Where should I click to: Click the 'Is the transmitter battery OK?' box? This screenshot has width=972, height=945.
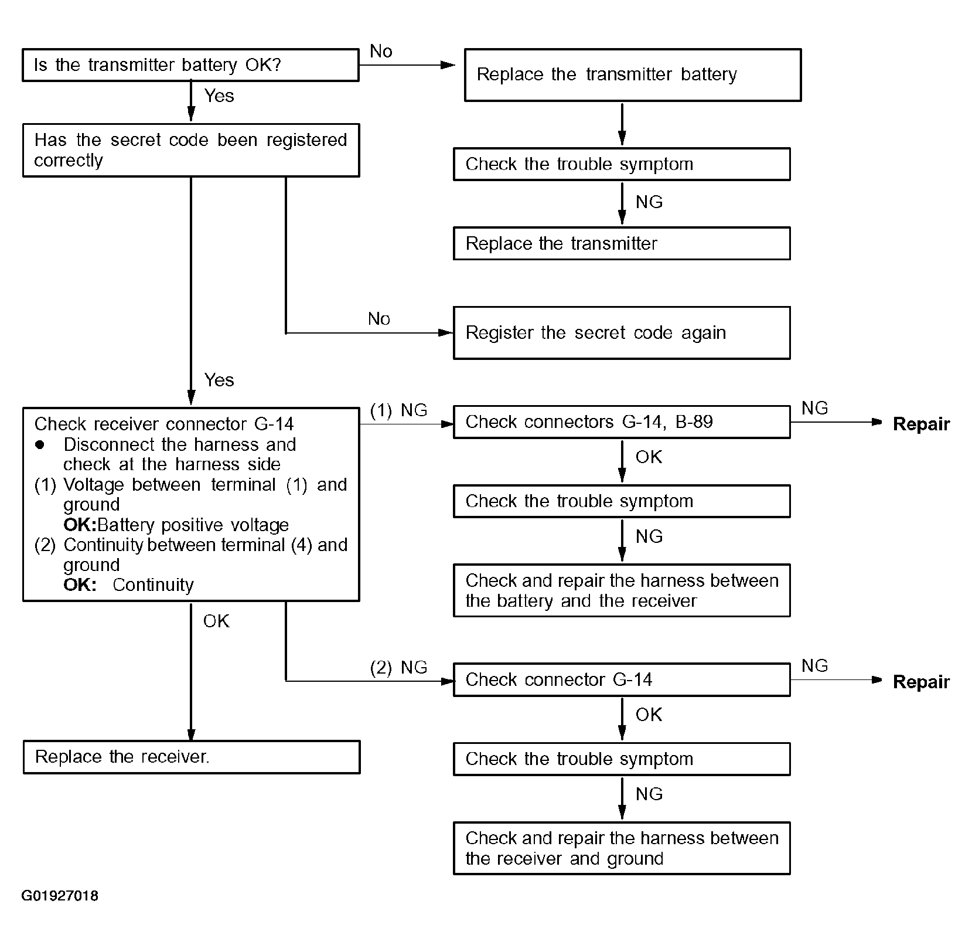pos(190,65)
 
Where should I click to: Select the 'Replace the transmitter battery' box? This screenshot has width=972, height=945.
pos(633,75)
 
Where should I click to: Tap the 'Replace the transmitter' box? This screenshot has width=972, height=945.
pos(622,243)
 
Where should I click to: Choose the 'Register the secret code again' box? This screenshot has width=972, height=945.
pos(622,333)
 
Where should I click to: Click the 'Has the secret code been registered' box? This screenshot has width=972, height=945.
pos(190,150)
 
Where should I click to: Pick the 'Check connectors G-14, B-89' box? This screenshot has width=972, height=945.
pos(622,422)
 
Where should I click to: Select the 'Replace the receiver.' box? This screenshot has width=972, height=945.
pos(192,757)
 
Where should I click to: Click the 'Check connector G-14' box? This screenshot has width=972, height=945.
pos(622,680)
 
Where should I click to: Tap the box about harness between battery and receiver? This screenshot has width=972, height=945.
pos(622,590)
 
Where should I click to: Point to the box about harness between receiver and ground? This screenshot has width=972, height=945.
pos(622,848)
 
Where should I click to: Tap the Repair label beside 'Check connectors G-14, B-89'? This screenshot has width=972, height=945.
pos(921,424)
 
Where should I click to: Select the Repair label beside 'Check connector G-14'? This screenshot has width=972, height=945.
pos(921,682)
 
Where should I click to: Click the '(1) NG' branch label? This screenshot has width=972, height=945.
pos(398,410)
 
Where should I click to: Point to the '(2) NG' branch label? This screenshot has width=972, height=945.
pos(398,668)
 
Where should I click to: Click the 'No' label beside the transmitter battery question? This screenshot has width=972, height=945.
pos(381,52)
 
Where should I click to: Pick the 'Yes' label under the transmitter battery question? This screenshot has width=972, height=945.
pos(219,96)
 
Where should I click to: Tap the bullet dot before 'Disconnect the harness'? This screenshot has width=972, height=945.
pos(40,444)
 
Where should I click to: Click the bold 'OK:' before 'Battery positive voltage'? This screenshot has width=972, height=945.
pos(80,525)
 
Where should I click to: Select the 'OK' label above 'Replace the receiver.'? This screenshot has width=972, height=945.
pos(216,621)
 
